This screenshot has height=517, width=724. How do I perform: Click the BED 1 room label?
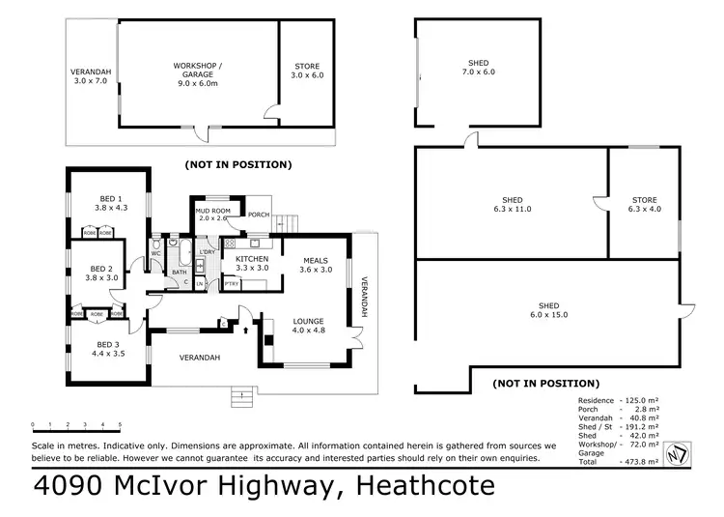(111, 199)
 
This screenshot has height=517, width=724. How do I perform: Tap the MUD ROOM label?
(213, 211)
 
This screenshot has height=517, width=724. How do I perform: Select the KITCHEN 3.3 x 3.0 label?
(252, 264)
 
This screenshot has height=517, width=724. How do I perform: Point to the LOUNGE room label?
(309, 321)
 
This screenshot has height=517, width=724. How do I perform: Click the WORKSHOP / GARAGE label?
(198, 71)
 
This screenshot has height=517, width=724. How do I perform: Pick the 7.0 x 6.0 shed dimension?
(479, 72)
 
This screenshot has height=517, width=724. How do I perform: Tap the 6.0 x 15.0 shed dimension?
(549, 315)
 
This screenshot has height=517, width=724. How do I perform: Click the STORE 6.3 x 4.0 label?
(645, 204)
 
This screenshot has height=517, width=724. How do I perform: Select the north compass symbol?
(678, 454)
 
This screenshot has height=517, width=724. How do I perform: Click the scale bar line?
(76, 432)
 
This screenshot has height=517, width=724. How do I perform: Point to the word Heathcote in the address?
(426, 485)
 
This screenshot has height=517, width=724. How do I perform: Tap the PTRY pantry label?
(232, 284)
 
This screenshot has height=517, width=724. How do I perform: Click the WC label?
(156, 253)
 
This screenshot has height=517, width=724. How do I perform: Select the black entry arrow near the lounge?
(245, 330)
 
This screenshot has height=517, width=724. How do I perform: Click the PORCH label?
(259, 215)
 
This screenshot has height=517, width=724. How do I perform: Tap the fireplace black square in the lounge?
(268, 340)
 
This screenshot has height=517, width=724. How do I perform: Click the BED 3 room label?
(108, 345)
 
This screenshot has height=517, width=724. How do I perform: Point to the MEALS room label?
(316, 261)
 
